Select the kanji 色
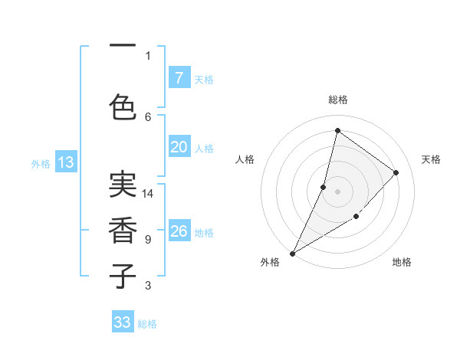coord(123,107)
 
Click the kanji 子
coord(123,276)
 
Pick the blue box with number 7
coord(179,78)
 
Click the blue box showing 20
coord(179,147)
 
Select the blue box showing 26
coord(179,231)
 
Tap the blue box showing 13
coord(65,162)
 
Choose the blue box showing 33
coord(123,322)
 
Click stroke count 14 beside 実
coord(148,194)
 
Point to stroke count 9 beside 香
coord(148,240)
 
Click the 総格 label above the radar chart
coord(338,100)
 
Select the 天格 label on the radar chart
coord(431,159)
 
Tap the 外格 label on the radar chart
coord(270,262)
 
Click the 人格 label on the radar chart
coord(245,159)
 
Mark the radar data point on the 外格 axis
coord(292,253)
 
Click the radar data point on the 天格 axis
coord(396,172)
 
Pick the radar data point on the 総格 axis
coord(337,130)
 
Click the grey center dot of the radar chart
coord(337,191)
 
